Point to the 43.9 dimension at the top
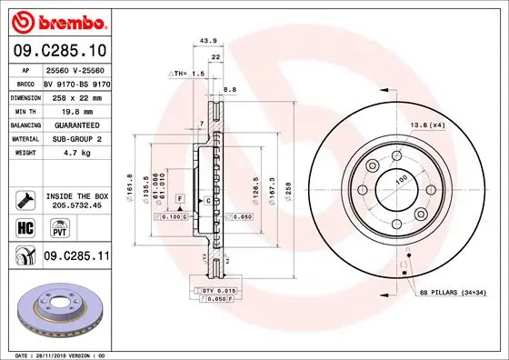click(x=208, y=40)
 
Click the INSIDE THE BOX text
click(x=76, y=196)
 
